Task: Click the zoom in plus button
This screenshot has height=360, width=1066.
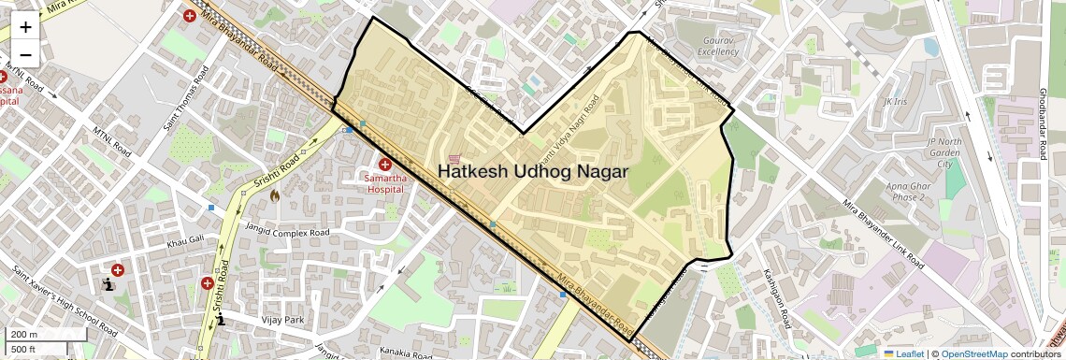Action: [25, 27]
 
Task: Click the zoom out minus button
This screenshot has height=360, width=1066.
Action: [25, 54]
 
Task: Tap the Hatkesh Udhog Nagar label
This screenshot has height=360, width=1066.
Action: [533, 172]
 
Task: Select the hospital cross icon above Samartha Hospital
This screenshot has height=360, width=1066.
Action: [384, 165]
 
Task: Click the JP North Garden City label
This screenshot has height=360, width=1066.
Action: [944, 152]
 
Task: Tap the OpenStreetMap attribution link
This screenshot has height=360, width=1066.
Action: [973, 353]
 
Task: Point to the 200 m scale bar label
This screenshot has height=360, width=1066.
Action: [24, 335]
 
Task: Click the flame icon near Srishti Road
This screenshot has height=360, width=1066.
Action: [275, 195]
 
